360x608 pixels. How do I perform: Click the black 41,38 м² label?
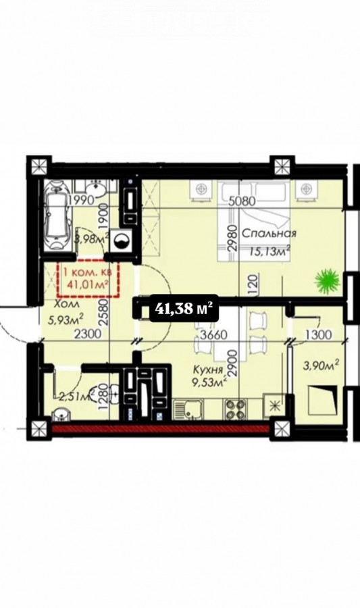184,308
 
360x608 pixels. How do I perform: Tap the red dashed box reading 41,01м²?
88,278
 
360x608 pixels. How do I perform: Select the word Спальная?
269,234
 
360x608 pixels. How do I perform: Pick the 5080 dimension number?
242,201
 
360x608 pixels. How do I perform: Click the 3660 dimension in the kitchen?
213,334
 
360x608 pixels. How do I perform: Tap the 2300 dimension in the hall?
88,334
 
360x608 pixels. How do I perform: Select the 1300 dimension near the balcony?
317,334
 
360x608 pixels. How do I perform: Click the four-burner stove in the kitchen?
235,409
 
